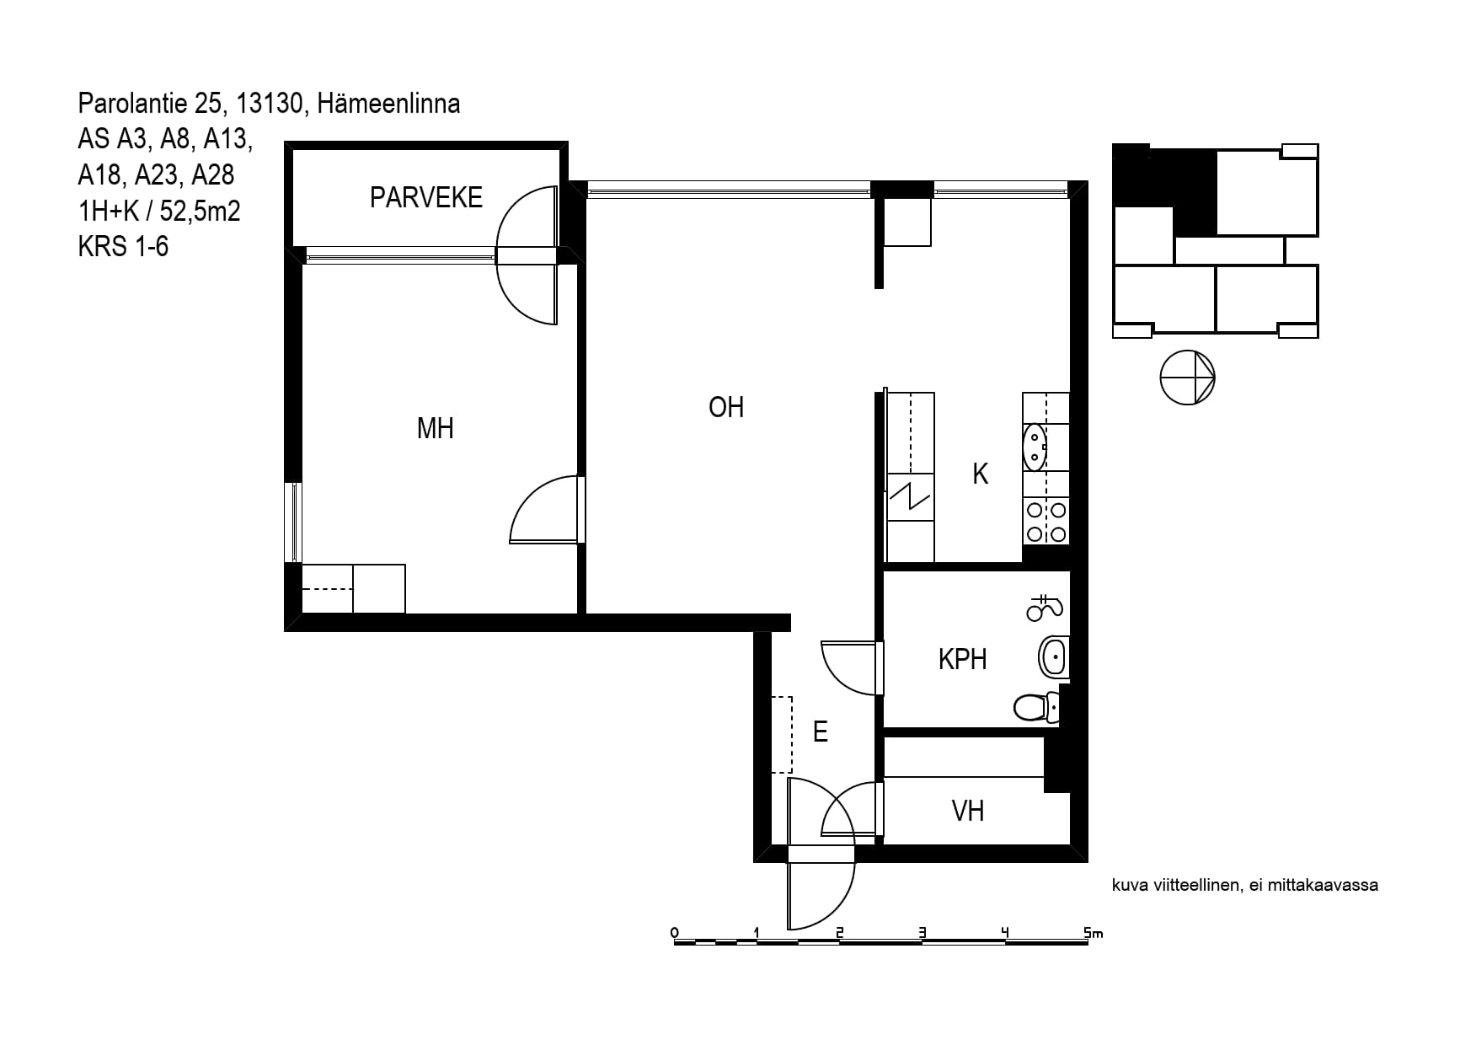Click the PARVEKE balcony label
tap(426, 197)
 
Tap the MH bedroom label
tap(436, 428)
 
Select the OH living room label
tap(726, 408)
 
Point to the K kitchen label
tap(980, 474)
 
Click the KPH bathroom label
tap(962, 659)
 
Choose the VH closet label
tap(968, 811)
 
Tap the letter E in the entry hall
tap(820, 731)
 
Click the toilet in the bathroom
tap(1037, 706)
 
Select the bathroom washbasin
tap(1054, 657)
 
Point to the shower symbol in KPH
tap(1045, 607)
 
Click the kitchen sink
tap(1035, 447)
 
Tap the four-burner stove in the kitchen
tap(1045, 522)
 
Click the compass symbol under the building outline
tap(1187, 377)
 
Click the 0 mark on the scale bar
tap(674, 932)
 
